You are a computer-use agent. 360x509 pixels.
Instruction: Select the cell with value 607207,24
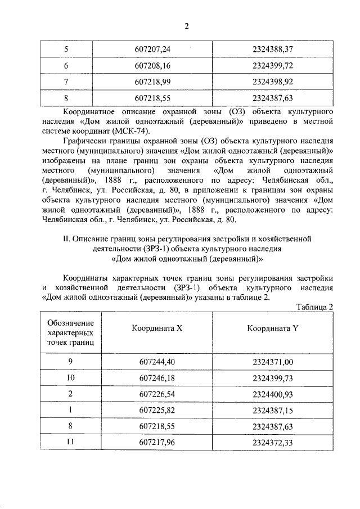[x=152, y=49]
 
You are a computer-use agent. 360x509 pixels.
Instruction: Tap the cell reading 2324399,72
[x=274, y=65]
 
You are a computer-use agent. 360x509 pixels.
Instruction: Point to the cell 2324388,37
[x=274, y=49]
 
